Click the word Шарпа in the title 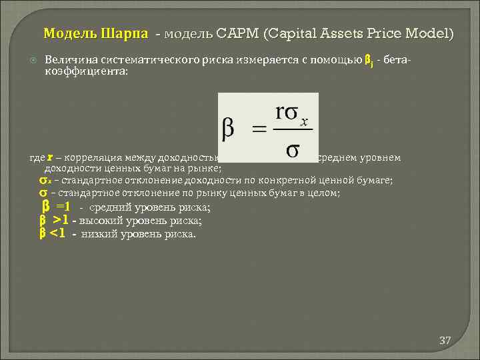pyautogui.click(x=124, y=33)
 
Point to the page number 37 pyautogui.click(x=445, y=341)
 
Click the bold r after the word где pyautogui.click(x=50, y=158)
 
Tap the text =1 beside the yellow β pyautogui.click(x=64, y=207)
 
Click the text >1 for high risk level pyautogui.click(x=61, y=220)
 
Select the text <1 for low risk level pyautogui.click(x=58, y=233)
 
